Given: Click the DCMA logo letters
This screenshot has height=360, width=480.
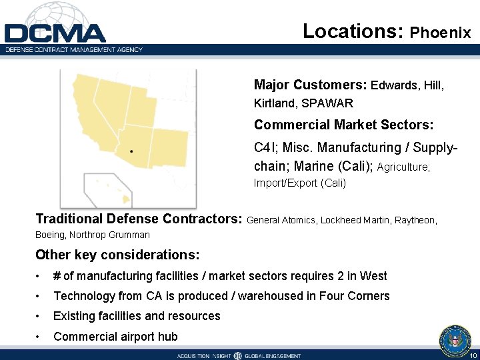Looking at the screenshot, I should (x=55, y=33).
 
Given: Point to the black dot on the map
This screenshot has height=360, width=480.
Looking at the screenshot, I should (x=131, y=151).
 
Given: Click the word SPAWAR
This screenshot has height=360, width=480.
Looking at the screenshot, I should (x=327, y=103).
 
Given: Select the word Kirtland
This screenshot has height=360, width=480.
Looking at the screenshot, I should (x=275, y=103).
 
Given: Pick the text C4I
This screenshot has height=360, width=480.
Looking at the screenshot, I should (x=265, y=147).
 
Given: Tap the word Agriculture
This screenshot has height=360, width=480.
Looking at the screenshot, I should (x=403, y=167).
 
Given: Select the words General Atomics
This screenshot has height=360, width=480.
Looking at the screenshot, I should (x=281, y=219).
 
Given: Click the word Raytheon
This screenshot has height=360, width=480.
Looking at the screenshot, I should (x=417, y=219).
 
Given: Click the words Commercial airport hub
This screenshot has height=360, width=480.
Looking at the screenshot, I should (x=115, y=336).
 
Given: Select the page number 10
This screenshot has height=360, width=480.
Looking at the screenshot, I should (x=471, y=355).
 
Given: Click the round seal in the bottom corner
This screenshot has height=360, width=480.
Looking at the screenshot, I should (x=455, y=341).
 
